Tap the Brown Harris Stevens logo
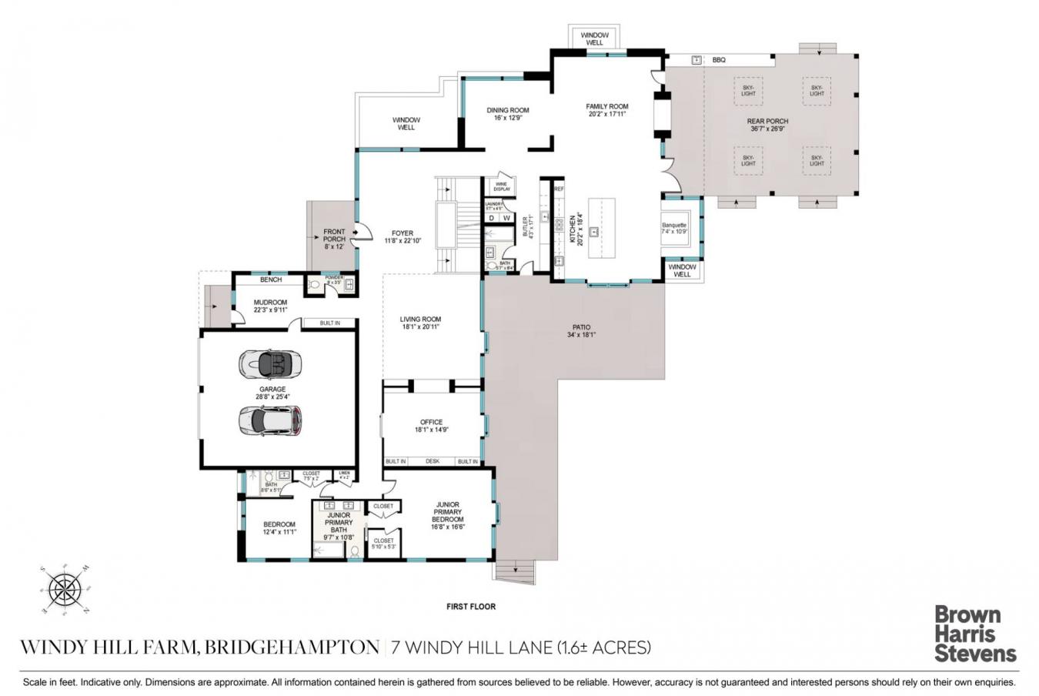[x=975, y=634]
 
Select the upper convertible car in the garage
[x=270, y=364]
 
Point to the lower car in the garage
[x=270, y=420]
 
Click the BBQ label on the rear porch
[x=719, y=60]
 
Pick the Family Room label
[x=607, y=107]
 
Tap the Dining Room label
[x=508, y=110]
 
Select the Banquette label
[x=674, y=226]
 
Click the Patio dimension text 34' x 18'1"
[x=581, y=335]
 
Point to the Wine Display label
[x=502, y=186]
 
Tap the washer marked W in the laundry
[x=507, y=218]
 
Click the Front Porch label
[x=334, y=236]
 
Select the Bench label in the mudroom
[x=270, y=279]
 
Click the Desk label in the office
[x=432, y=461]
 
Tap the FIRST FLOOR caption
[x=471, y=607]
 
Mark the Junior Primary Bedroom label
[x=447, y=512]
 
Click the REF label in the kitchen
[x=560, y=189]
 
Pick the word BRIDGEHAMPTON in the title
[x=292, y=647]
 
